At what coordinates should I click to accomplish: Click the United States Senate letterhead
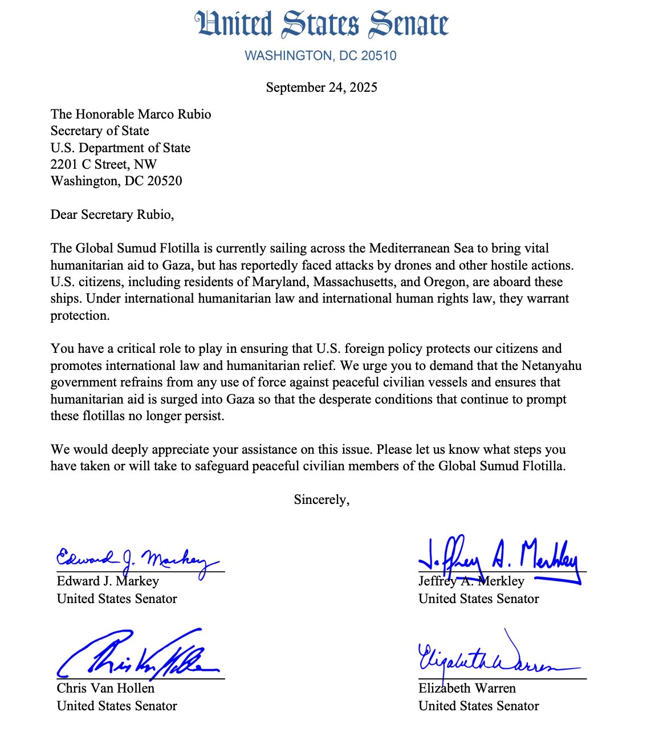322,25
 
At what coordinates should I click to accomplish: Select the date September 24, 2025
322,87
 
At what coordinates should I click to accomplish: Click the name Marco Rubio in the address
176,114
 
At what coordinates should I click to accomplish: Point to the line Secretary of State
100,131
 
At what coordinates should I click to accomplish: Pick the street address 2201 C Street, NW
104,165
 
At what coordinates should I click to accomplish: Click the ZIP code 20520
164,181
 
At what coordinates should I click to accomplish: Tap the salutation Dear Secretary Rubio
112,215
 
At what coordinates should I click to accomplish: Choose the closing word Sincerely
322,500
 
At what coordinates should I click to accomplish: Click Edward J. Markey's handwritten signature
137,559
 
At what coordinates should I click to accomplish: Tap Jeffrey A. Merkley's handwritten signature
499,557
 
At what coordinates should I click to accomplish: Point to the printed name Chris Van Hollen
105,689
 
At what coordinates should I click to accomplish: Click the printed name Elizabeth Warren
467,689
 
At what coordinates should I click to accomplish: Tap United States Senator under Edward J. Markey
117,599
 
